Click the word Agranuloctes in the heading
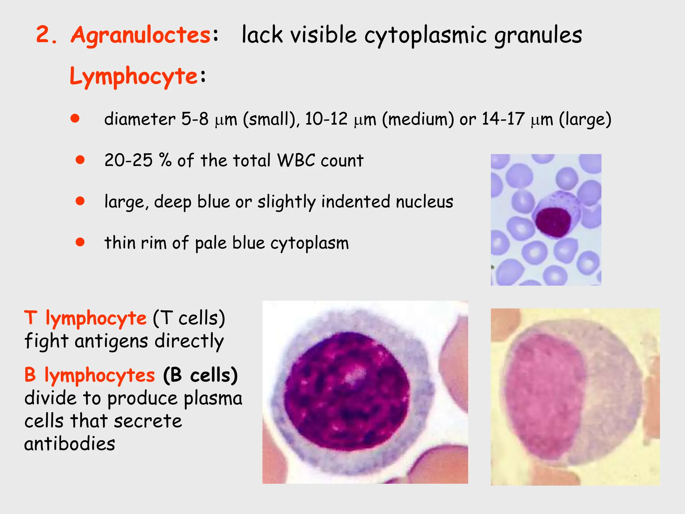140,35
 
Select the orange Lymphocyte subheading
134,76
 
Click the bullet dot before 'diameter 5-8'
75,118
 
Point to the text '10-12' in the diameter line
326,119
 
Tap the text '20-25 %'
138,160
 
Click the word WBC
296,160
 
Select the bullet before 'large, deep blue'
80,201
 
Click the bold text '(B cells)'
200,375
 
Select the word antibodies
70,444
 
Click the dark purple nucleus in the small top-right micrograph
553,222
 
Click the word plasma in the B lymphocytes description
213,398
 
